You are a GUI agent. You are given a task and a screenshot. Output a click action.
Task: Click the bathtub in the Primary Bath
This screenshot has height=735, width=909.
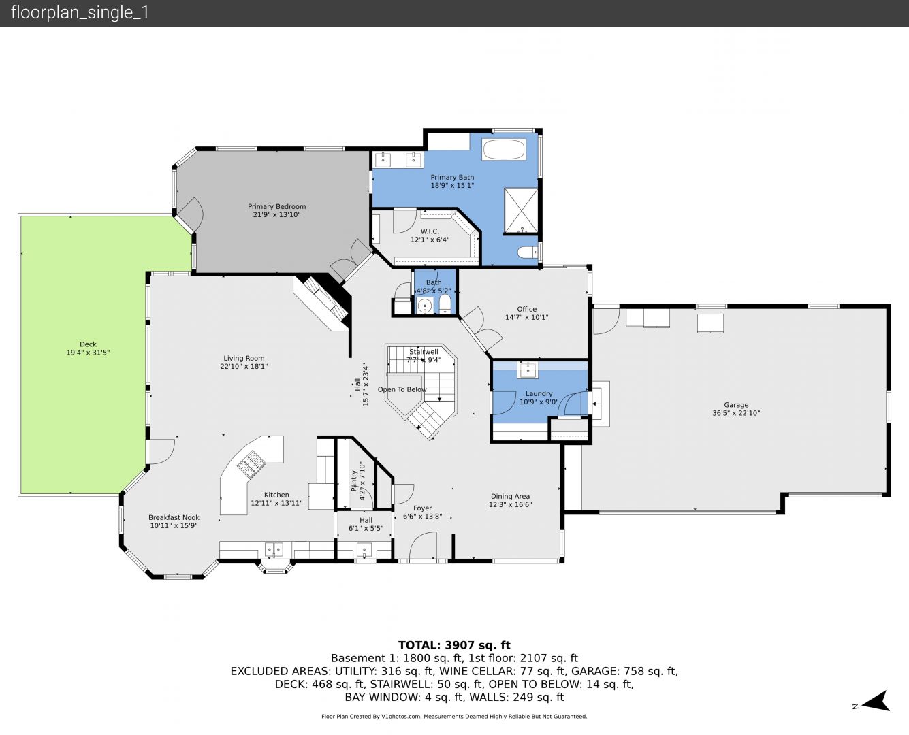pyautogui.click(x=504, y=150)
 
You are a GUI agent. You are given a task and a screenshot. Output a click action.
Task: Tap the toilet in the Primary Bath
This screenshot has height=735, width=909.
pyautogui.click(x=528, y=252)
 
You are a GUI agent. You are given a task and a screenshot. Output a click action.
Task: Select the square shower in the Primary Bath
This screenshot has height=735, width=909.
pyautogui.click(x=521, y=211)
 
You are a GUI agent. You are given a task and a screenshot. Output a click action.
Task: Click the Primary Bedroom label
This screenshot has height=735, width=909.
pyautogui.click(x=276, y=206)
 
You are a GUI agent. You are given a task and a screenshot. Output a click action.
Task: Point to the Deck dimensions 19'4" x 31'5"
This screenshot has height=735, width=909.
pyautogui.click(x=88, y=353)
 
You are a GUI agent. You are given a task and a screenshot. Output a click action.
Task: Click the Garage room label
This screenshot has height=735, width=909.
pyautogui.click(x=736, y=405)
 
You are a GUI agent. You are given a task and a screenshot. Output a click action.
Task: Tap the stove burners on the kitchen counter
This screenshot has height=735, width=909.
pyautogui.click(x=252, y=463)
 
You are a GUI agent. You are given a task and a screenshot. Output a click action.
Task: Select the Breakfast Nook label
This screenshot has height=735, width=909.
pyautogui.click(x=174, y=517)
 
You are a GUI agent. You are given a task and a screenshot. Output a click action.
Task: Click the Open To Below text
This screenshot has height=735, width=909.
pyautogui.click(x=402, y=389)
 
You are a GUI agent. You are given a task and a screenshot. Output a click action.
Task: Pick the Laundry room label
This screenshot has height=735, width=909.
pyautogui.click(x=539, y=394)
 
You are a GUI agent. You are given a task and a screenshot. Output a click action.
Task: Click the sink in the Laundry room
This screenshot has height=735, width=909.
pyautogui.click(x=528, y=370)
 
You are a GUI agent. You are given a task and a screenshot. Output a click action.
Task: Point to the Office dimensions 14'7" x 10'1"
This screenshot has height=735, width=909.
pyautogui.click(x=526, y=317)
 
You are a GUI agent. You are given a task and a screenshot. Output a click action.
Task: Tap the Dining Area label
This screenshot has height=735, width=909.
pyautogui.click(x=511, y=496)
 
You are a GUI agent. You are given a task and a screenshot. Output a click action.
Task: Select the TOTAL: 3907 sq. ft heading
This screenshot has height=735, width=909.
pyautogui.click(x=454, y=645)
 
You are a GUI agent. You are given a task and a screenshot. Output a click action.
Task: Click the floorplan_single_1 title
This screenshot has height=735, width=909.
pyautogui.click(x=80, y=13)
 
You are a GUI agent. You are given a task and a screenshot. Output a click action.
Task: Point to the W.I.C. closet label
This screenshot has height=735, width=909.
pyautogui.click(x=430, y=231)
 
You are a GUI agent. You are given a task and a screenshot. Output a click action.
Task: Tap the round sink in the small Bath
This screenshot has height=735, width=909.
pyautogui.click(x=424, y=306)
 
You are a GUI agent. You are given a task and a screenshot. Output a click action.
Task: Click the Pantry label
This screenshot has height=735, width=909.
pyautogui.click(x=354, y=480)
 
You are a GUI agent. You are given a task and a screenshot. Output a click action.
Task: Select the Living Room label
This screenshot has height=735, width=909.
pyautogui.click(x=244, y=359)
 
